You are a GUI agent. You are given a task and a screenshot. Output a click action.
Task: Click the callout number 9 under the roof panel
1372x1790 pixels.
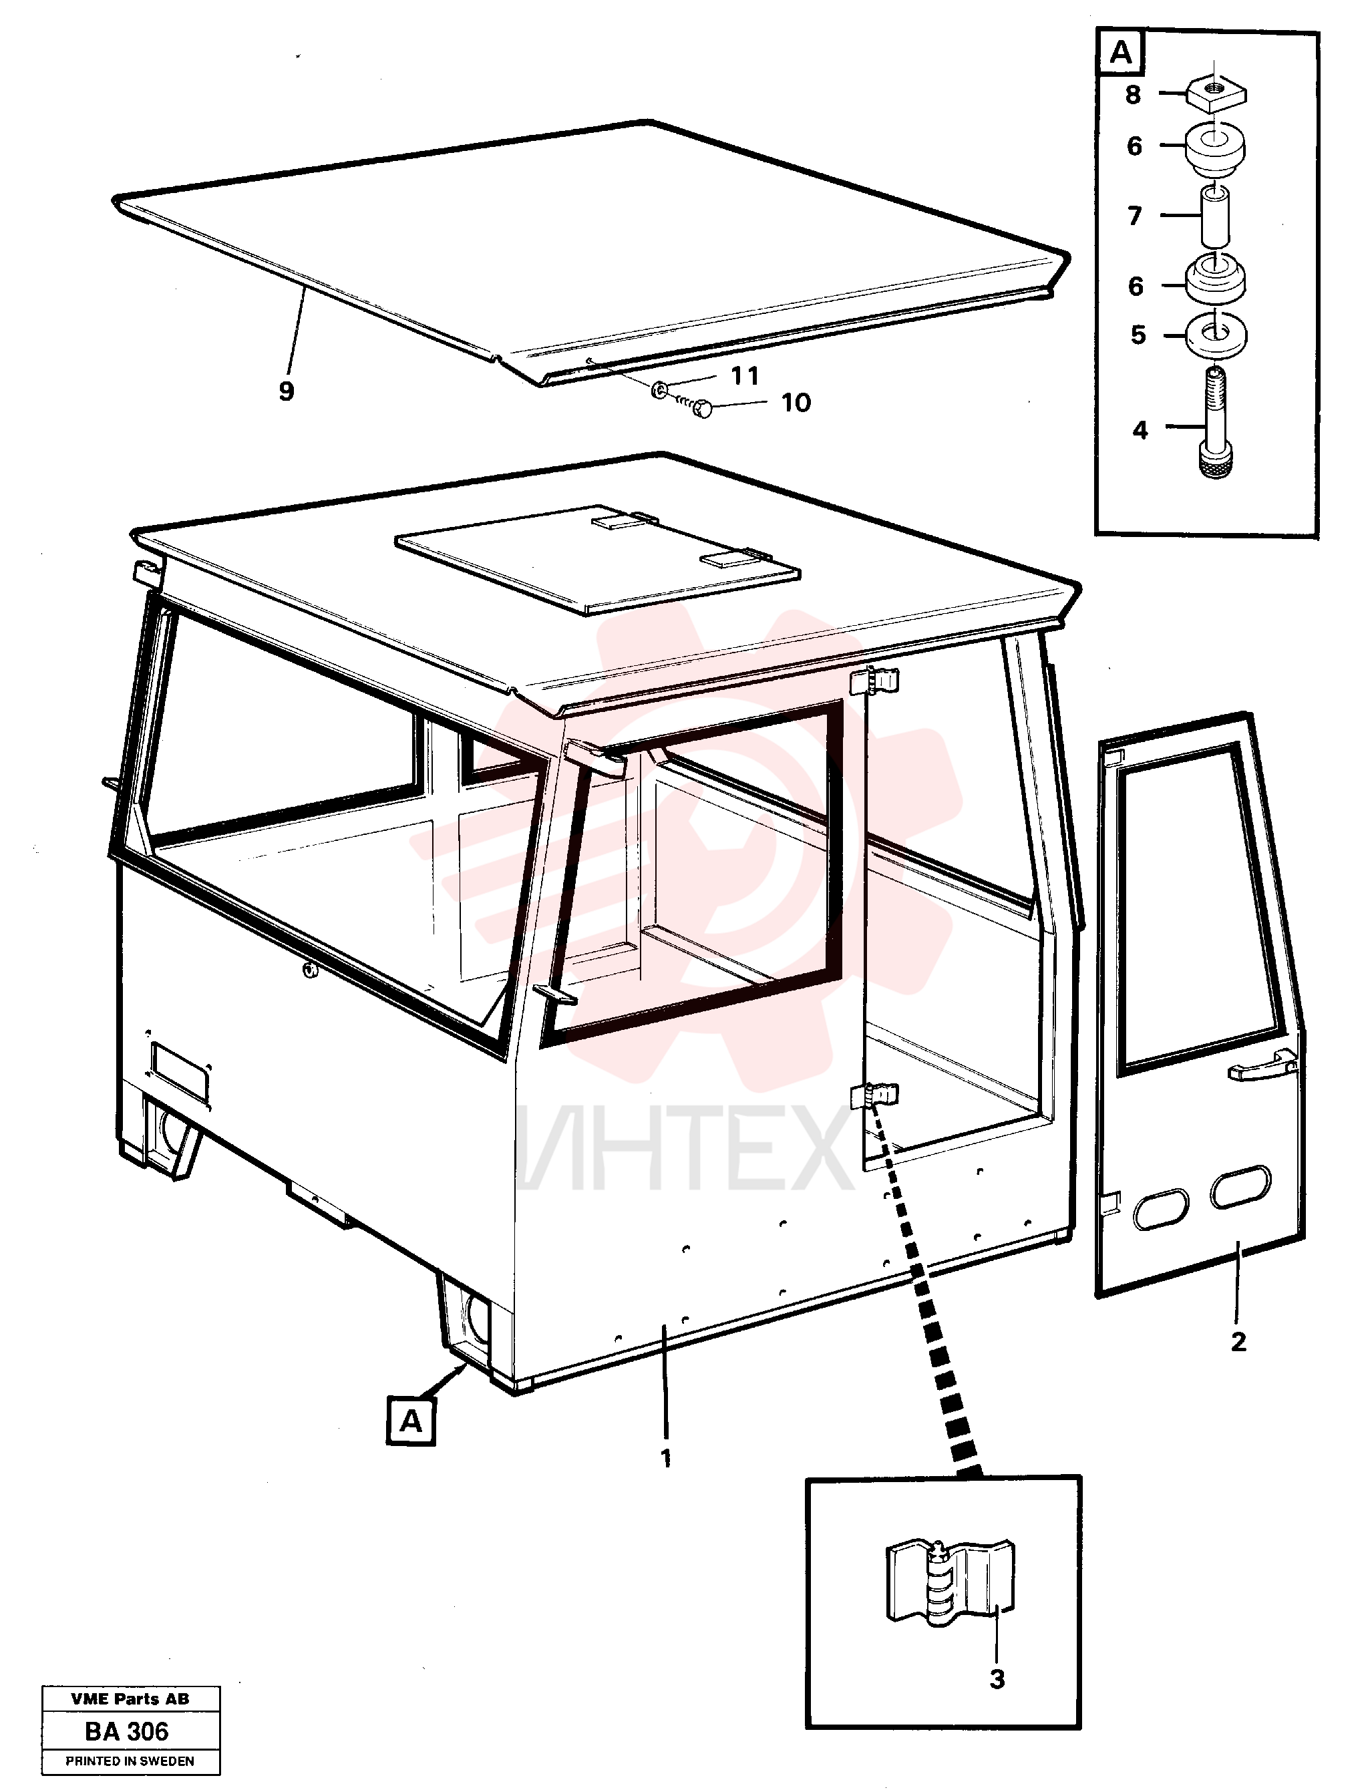click(x=286, y=391)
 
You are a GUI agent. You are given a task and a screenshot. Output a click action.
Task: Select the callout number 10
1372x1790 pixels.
click(x=796, y=403)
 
